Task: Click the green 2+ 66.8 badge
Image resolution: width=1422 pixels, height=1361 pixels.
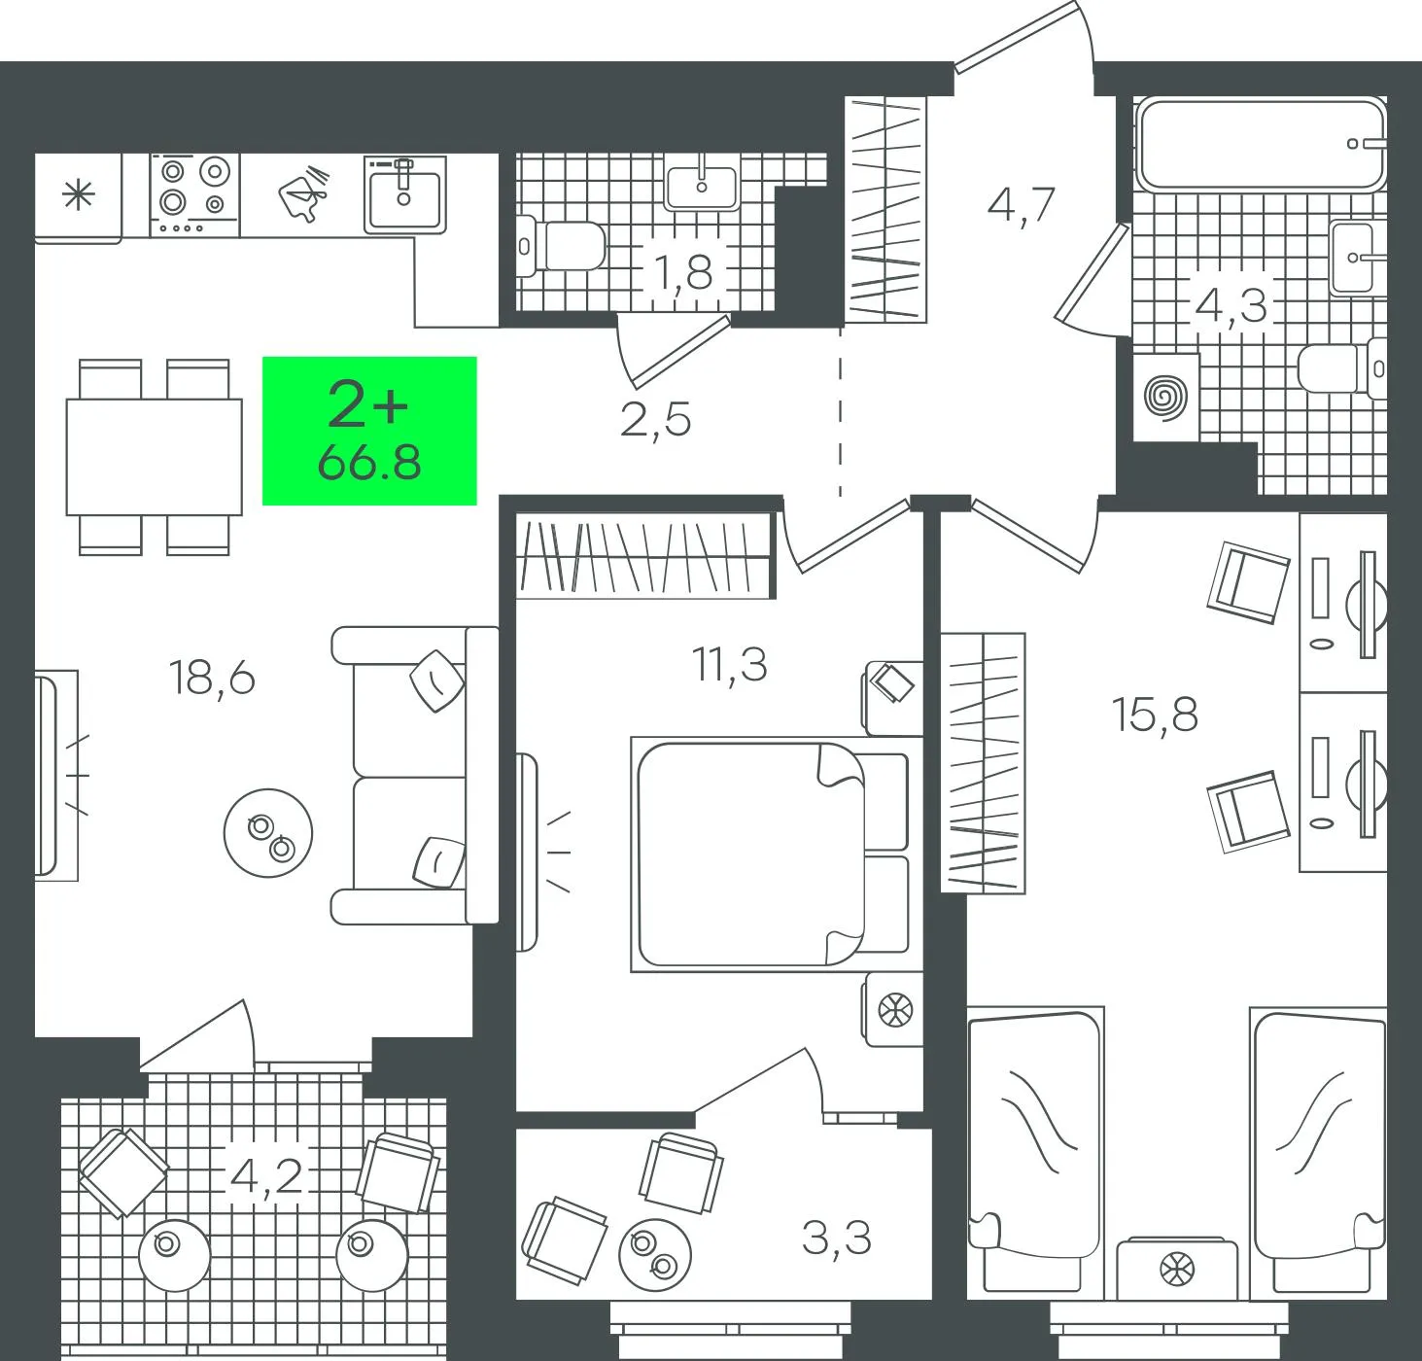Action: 369,431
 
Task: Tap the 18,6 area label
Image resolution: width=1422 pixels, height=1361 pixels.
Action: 212,677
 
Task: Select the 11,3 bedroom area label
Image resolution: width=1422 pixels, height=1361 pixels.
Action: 730,664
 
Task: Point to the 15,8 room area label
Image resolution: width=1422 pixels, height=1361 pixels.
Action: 1156,715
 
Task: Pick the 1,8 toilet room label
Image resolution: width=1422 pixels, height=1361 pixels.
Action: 683,272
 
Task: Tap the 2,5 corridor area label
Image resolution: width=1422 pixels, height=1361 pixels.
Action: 655,420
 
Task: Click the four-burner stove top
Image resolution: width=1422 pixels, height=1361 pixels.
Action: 195,195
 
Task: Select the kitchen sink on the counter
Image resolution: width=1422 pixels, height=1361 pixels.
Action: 404,193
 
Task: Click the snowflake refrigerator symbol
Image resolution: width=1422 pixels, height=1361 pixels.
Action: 78,195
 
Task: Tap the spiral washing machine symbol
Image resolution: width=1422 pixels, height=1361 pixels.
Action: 1166,398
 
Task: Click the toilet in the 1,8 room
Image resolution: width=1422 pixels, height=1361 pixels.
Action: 561,246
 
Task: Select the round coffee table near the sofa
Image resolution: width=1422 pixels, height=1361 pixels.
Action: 268,833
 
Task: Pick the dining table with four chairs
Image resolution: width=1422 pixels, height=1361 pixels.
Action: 155,457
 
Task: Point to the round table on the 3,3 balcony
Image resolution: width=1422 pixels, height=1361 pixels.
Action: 655,1255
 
